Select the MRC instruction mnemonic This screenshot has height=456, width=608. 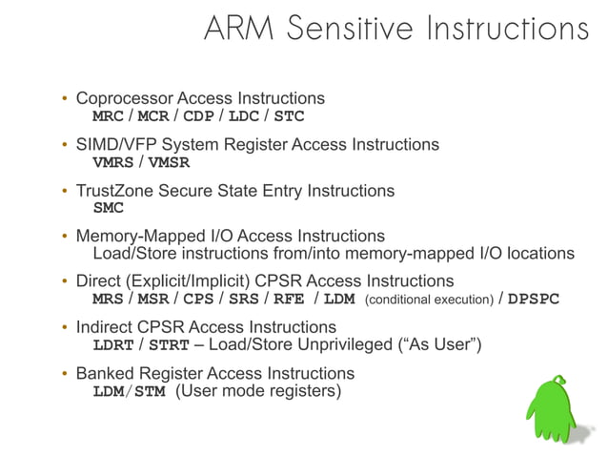coord(108,116)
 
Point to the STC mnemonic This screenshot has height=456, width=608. coord(289,116)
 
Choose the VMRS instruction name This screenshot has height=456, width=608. coord(112,162)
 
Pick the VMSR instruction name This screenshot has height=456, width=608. coord(169,162)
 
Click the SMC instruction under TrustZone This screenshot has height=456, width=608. coord(108,208)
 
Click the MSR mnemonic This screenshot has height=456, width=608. coord(153,299)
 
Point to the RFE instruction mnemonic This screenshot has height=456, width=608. coord(289,299)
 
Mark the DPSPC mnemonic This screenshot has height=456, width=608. coord(534,299)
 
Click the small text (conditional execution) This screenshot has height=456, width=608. coord(429,300)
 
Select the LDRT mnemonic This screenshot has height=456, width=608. coord(112,344)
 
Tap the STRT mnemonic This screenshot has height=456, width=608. coord(169,344)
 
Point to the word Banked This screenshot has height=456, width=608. coord(104,373)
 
